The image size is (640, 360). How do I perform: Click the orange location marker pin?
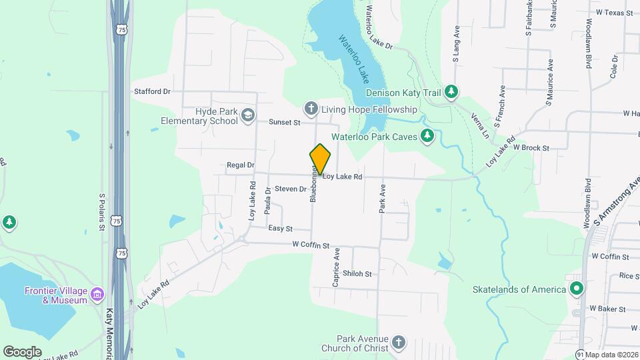(x=321, y=159)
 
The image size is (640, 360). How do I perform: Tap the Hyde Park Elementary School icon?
(x=248, y=116)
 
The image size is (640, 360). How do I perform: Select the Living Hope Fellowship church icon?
(x=311, y=108)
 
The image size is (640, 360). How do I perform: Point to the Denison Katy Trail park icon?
(x=452, y=91)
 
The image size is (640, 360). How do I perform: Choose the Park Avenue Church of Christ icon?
(x=398, y=343)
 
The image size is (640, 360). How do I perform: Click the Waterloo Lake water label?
(x=353, y=57)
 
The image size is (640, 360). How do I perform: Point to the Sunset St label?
(x=285, y=122)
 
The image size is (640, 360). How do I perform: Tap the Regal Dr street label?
(x=241, y=165)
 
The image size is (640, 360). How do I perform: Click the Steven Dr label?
(x=290, y=189)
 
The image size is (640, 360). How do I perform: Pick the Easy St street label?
(x=280, y=228)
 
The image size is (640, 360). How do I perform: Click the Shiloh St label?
(x=357, y=273)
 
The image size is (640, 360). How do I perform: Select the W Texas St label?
(x=613, y=12)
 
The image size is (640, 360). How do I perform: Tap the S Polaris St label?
(x=103, y=212)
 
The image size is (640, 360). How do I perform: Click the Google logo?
(x=22, y=351)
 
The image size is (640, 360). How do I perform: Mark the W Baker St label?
(x=607, y=309)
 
